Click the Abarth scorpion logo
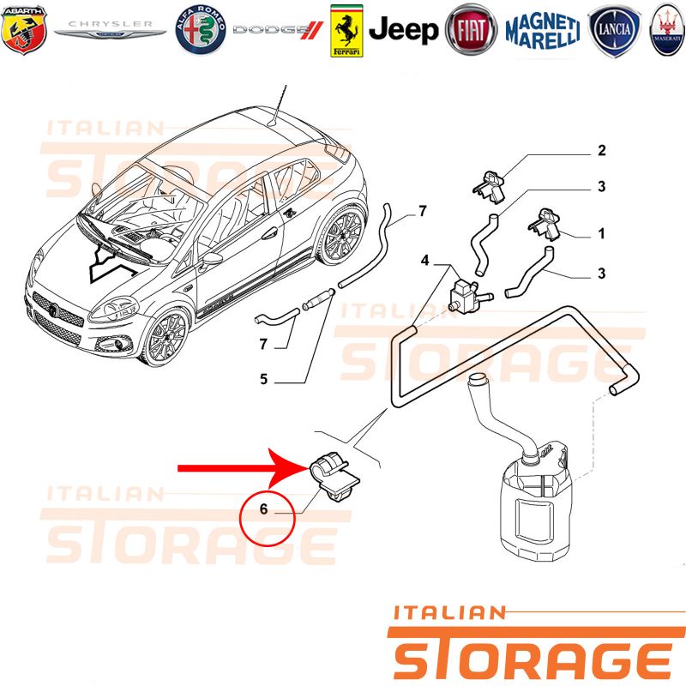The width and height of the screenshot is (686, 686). pyautogui.click(x=24, y=30)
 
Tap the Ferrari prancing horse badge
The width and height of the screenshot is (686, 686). pyautogui.click(x=346, y=31)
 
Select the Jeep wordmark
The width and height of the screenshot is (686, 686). pyautogui.click(x=403, y=30)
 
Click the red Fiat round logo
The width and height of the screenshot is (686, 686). pyautogui.click(x=471, y=30)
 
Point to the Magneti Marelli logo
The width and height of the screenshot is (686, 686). pyautogui.click(x=543, y=30)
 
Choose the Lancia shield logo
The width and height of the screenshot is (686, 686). pyautogui.click(x=614, y=31)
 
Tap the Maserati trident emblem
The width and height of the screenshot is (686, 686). pyautogui.click(x=667, y=30)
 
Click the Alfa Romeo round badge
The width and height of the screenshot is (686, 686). pyautogui.click(x=201, y=30)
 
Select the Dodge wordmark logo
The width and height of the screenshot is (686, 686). pyautogui.click(x=278, y=30)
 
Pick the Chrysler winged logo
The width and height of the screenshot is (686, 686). pyautogui.click(x=110, y=29)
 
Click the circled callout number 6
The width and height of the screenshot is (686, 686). pyautogui.click(x=263, y=508)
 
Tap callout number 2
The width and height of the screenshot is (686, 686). pyautogui.click(x=602, y=151)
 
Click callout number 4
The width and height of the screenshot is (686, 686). pyautogui.click(x=424, y=261)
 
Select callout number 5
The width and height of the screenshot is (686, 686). pyautogui.click(x=263, y=379)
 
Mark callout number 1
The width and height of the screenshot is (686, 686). pyautogui.click(x=602, y=233)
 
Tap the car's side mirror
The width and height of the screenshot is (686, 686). pyautogui.click(x=211, y=260)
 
